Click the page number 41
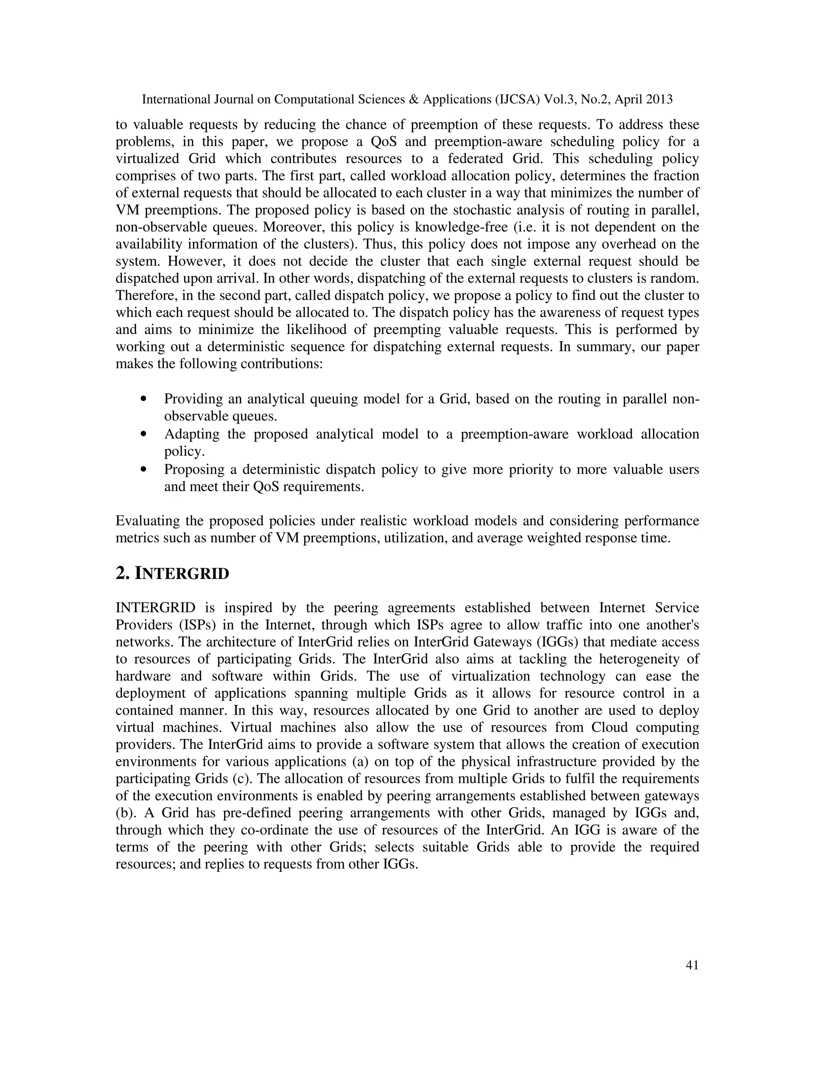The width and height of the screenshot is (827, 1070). pyautogui.click(x=692, y=965)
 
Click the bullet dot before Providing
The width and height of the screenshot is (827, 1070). pyautogui.click(x=143, y=399)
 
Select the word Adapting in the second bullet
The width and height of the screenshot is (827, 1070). pyautogui.click(x=195, y=434)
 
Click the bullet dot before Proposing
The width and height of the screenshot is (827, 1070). pyautogui.click(x=143, y=469)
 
